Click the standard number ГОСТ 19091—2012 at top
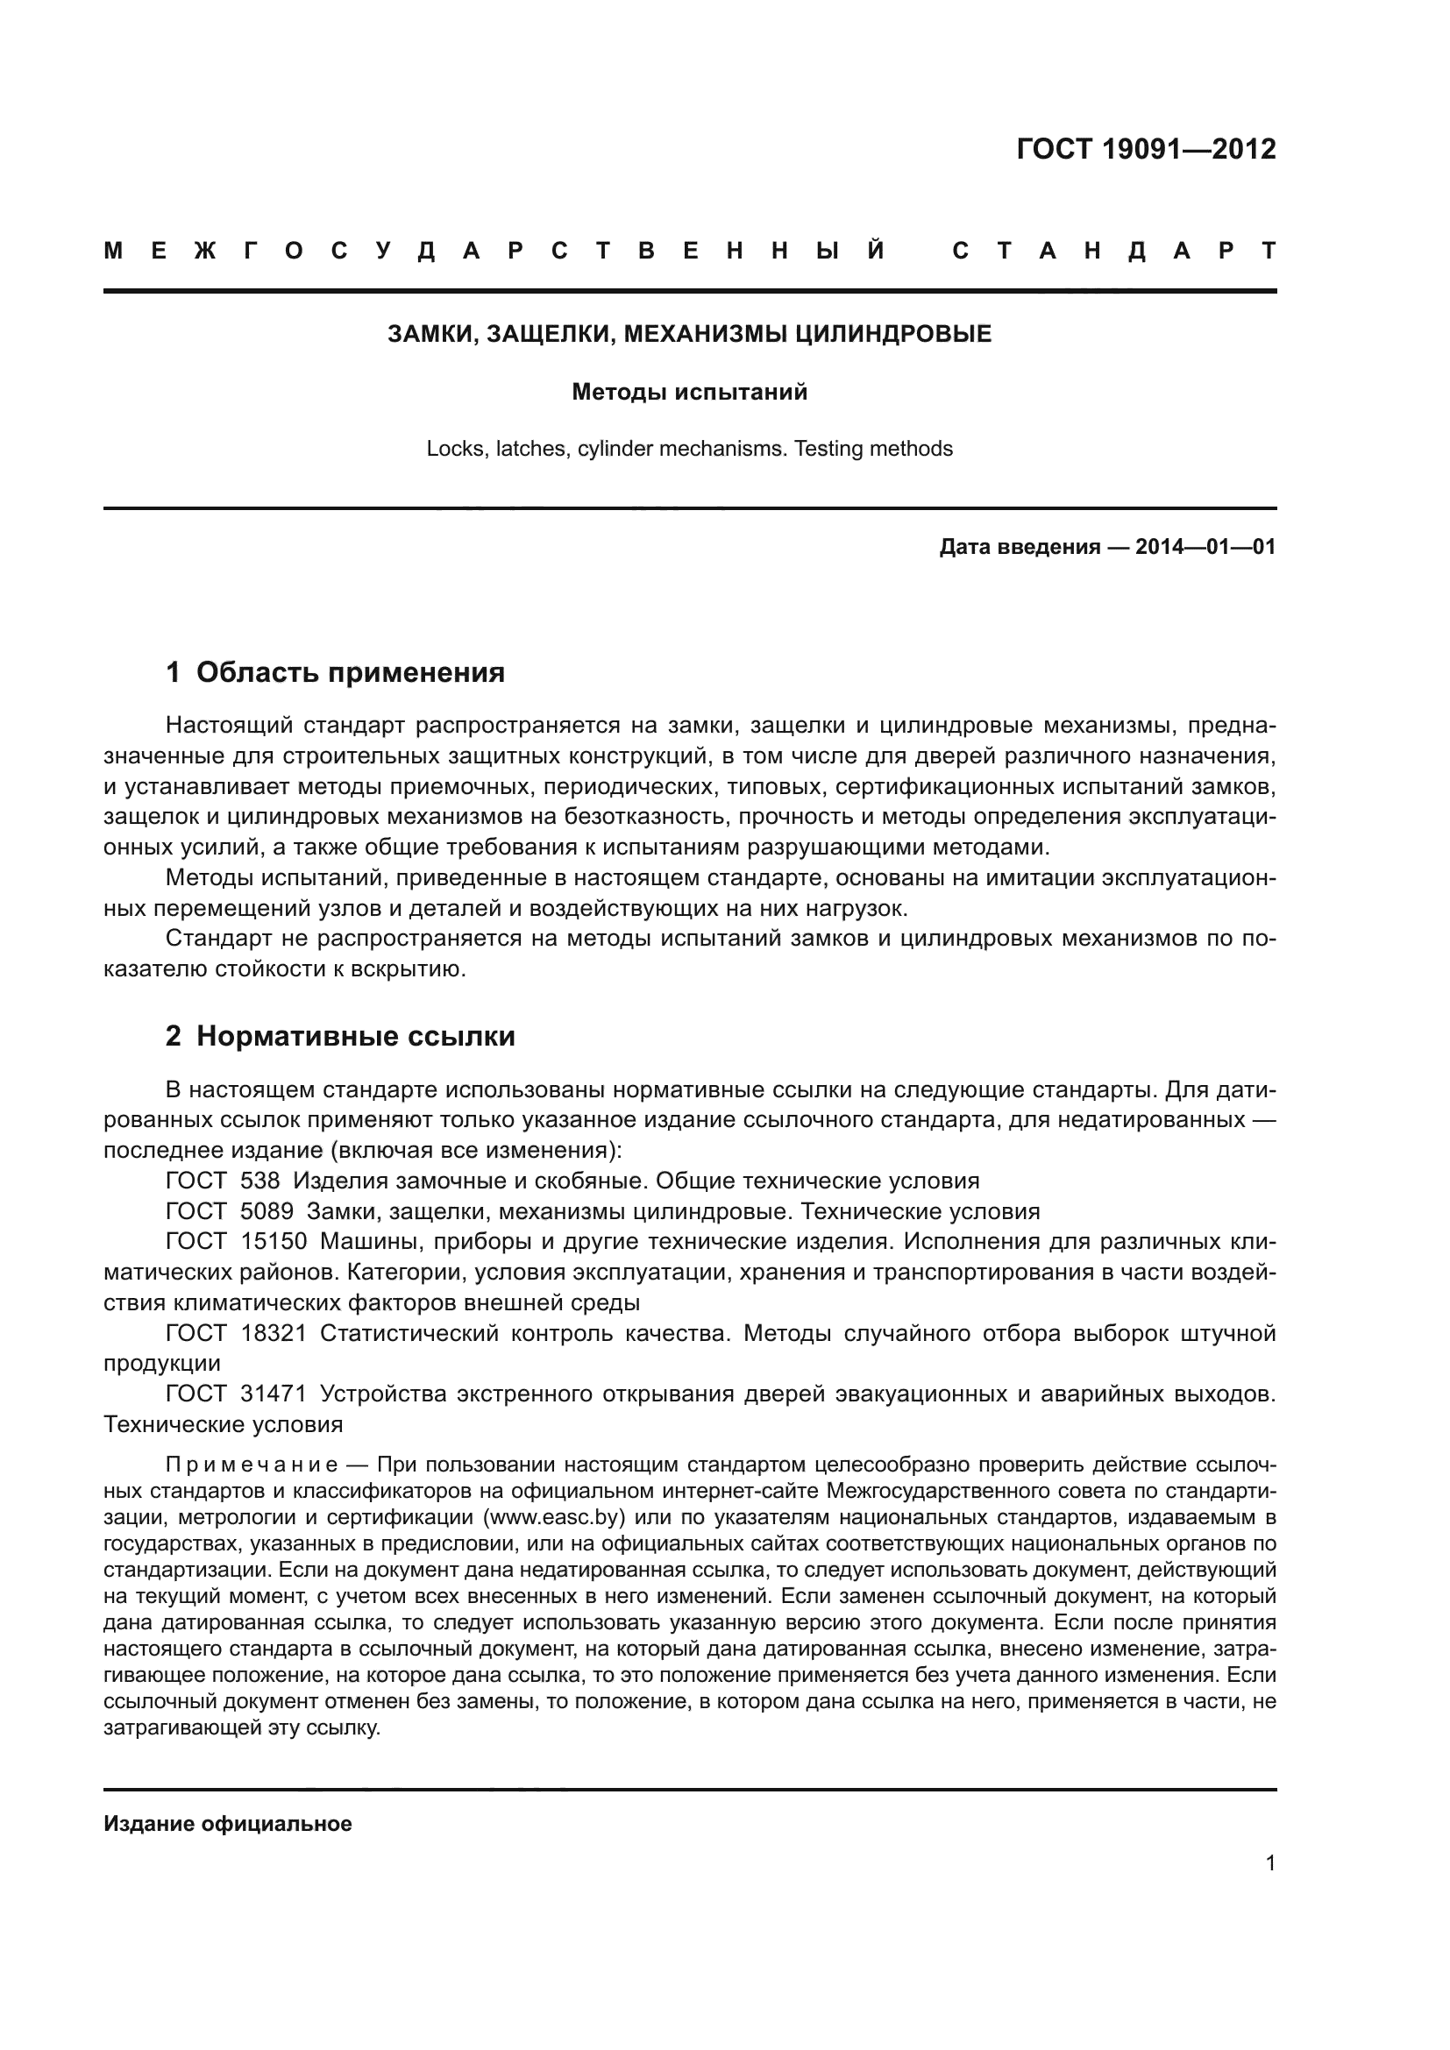point(1146,149)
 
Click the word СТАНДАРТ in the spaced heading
point(1113,251)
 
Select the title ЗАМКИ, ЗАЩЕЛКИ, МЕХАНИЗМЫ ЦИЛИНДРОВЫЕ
point(689,335)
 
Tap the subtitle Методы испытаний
point(689,392)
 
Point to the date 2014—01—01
point(1205,546)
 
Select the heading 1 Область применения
point(335,671)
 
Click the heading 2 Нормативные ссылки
point(340,1036)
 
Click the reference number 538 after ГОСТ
point(259,1181)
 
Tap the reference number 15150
point(274,1242)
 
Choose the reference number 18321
point(274,1333)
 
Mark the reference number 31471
point(274,1394)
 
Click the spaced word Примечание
point(251,1465)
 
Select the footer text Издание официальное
point(228,1823)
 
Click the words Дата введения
point(1020,546)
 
